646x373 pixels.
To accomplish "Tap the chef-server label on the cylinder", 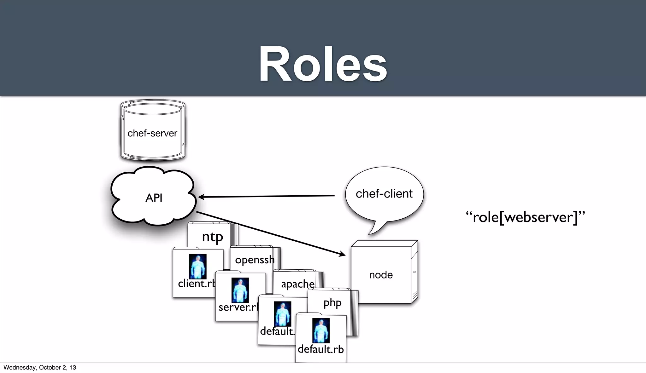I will (x=152, y=133).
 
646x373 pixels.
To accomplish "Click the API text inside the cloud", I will (x=154, y=198).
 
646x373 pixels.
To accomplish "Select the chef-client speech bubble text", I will (x=384, y=193).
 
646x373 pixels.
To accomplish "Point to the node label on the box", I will (x=381, y=275).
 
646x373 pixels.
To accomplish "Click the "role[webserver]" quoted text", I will (x=525, y=217).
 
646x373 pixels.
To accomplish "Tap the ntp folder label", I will (x=212, y=237).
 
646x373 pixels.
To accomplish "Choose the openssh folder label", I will (x=255, y=260).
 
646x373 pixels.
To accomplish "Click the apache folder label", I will (x=297, y=284).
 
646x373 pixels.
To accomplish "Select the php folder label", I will (x=332, y=303).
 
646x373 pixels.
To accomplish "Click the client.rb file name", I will (x=196, y=284).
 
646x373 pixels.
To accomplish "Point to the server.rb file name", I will (x=238, y=307).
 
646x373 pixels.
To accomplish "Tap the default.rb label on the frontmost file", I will (x=320, y=349).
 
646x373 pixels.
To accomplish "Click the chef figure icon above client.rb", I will (x=198, y=267).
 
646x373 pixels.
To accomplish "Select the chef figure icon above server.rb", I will (x=240, y=290).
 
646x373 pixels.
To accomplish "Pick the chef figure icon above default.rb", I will (x=321, y=330).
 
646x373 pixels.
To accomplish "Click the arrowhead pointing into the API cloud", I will (x=201, y=197).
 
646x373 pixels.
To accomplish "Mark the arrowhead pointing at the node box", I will (x=342, y=254).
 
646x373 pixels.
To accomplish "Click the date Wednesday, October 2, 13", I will (x=40, y=367).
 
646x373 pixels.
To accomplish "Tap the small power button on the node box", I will (x=414, y=272).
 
